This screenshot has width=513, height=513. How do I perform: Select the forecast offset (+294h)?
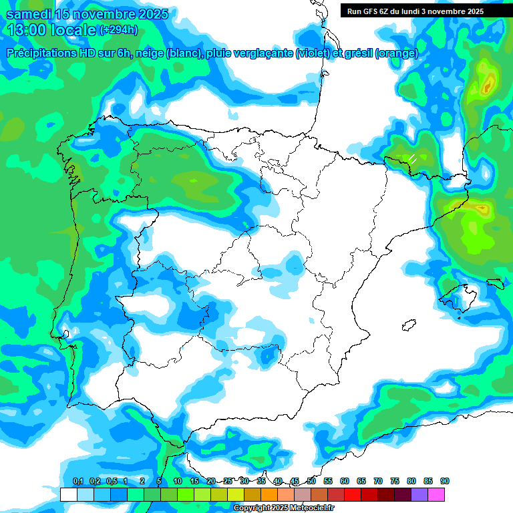click(x=119, y=30)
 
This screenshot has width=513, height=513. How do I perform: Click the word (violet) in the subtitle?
click(x=313, y=53)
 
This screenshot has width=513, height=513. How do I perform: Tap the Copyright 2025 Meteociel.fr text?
click(x=284, y=508)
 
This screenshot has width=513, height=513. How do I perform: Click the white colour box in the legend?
click(x=68, y=494)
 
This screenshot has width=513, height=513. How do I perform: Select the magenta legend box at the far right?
click(x=436, y=494)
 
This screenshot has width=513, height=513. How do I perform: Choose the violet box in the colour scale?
click(x=419, y=494)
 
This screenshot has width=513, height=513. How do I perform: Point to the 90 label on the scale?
click(x=445, y=481)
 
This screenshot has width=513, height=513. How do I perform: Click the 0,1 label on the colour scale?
click(x=77, y=481)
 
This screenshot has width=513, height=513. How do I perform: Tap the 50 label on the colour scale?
click(x=311, y=481)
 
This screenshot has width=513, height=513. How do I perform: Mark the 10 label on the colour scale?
click(x=178, y=481)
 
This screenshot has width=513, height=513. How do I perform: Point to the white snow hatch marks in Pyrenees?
click(x=413, y=158)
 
